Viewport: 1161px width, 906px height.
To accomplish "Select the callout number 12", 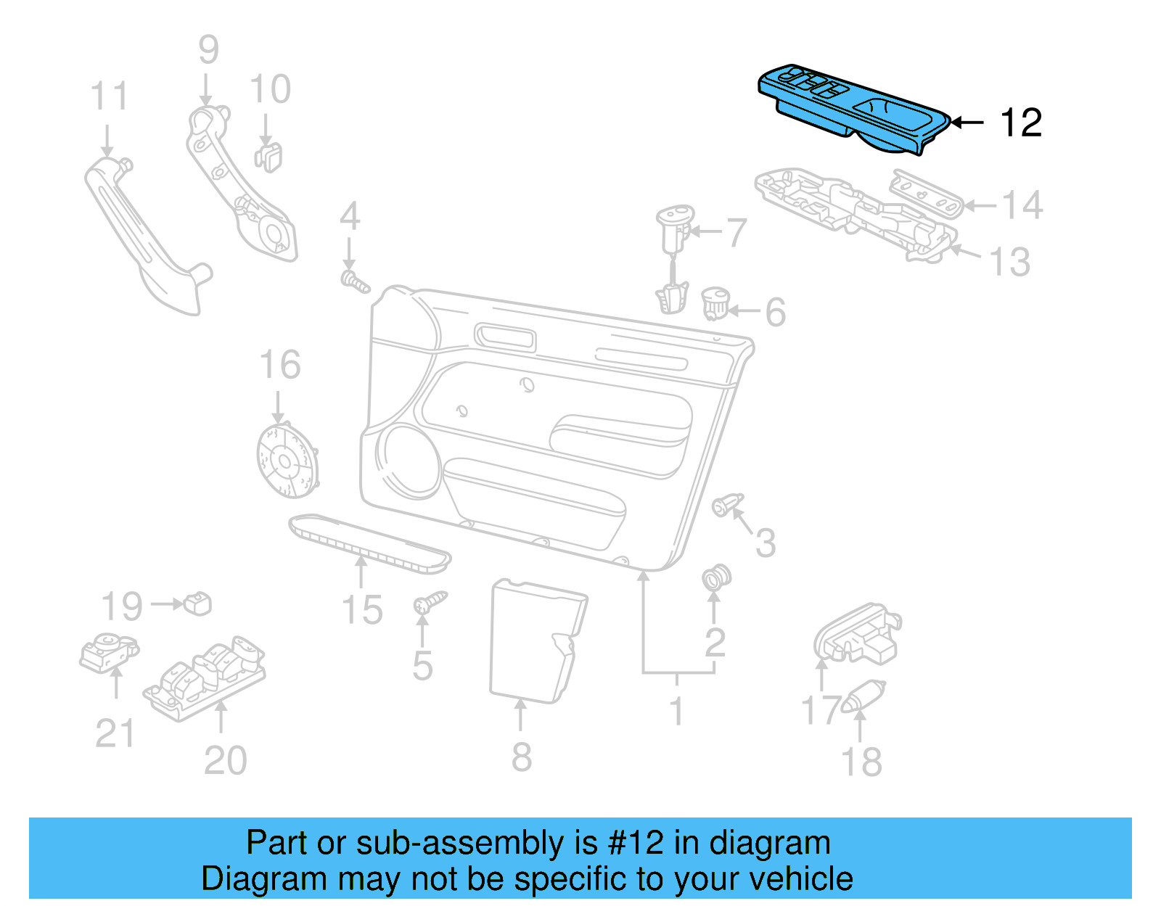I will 1021,123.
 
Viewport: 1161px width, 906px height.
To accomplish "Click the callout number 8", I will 521,757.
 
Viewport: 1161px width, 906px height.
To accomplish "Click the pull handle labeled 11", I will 145,232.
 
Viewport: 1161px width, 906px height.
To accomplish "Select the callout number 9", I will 208,51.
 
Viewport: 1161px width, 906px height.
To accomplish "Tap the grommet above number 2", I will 716,577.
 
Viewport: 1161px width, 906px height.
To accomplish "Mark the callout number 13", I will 1010,262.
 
